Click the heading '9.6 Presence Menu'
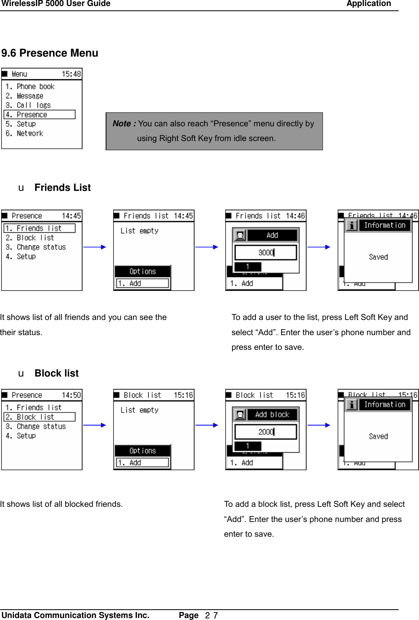coord(50,53)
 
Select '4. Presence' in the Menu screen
coord(39,115)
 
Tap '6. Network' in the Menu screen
coord(25,133)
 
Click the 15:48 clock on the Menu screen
coord(71,74)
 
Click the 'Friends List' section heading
coord(63,188)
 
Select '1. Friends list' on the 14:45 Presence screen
coord(39,228)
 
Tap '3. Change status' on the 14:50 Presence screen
coord(36,426)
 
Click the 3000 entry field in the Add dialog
coord(266,253)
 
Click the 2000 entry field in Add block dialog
coord(266,432)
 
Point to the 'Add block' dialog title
coord(272,415)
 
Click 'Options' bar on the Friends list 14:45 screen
coord(142,271)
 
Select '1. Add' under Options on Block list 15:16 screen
coord(142,463)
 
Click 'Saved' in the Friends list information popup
coord(378,257)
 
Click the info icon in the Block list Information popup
coord(352,405)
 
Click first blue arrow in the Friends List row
coord(94,247)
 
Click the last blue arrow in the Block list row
coord(319,425)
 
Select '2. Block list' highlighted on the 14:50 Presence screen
coord(39,417)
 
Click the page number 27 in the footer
coord(211,616)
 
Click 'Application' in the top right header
coord(368,4)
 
